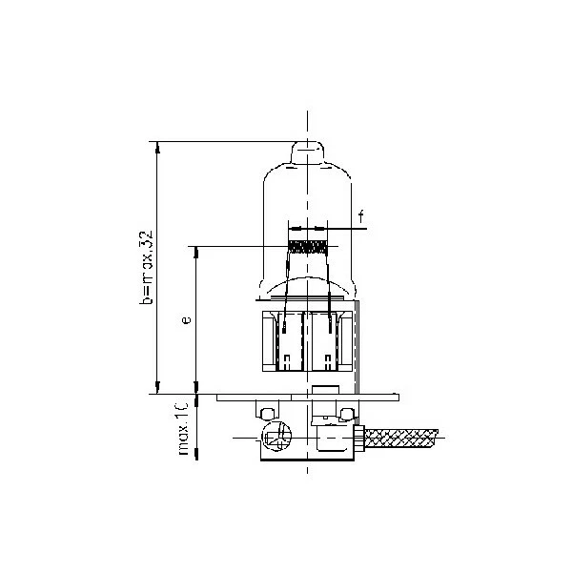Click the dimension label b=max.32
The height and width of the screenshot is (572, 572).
[x=146, y=267]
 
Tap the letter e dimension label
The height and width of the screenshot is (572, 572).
[x=186, y=320]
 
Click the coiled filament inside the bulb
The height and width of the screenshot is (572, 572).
[x=308, y=246]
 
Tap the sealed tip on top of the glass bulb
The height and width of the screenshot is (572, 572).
[x=308, y=152]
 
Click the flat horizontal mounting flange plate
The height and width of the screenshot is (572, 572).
[x=305, y=397]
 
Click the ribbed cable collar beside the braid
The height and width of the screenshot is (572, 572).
[x=361, y=438]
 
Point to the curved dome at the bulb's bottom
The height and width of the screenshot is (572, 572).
[x=308, y=285]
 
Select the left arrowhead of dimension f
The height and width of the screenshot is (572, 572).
[x=293, y=229]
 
